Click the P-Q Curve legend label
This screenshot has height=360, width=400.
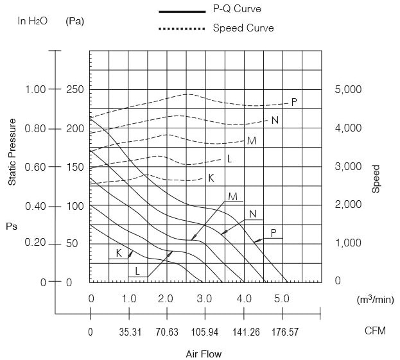click(237, 10)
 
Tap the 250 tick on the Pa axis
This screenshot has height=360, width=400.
click(75, 89)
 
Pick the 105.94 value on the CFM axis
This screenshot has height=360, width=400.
click(205, 332)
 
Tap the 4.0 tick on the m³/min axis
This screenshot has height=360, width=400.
click(243, 298)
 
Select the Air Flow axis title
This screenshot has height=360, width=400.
click(204, 353)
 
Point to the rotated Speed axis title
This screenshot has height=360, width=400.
click(376, 179)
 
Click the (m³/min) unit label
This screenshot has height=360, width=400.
click(376, 299)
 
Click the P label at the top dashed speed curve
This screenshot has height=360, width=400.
click(294, 102)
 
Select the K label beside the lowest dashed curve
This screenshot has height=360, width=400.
click(211, 178)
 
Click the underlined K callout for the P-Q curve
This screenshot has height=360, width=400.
click(119, 253)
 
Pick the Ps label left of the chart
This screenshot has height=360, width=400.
click(12, 226)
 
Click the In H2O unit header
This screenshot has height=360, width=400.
click(31, 21)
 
